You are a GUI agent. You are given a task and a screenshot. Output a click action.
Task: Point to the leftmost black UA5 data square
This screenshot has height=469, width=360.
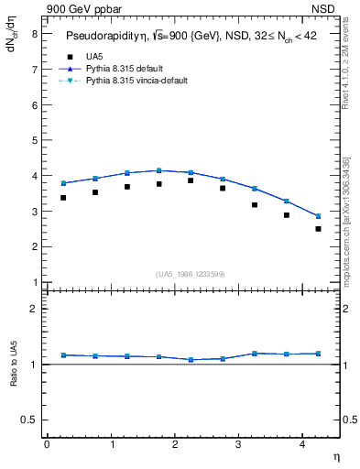coord(63,198)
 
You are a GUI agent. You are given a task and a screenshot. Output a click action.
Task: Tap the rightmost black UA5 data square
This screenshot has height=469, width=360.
coord(318,229)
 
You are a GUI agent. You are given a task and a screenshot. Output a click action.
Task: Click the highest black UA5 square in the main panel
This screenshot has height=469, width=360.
coord(191,180)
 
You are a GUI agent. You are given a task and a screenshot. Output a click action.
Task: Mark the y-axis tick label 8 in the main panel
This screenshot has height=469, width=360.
coord(33,33)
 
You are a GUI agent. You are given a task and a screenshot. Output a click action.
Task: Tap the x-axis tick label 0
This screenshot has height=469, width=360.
coord(47,445)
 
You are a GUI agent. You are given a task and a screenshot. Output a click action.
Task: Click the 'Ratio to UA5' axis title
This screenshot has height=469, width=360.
coord(14,364)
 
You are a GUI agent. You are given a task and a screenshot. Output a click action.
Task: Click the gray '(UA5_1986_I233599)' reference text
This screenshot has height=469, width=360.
coord(191,274)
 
